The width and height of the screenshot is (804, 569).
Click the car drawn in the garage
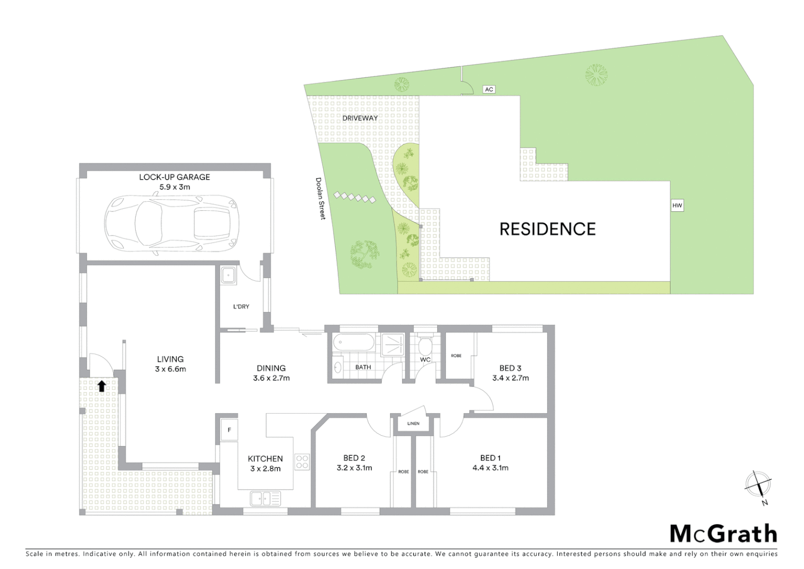point(172,223)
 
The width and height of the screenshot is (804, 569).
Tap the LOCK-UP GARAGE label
point(174,177)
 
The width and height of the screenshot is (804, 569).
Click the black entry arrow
point(102,386)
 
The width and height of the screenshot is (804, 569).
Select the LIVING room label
point(170,359)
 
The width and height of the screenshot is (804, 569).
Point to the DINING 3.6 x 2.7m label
point(271,373)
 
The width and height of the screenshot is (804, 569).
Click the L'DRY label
point(241,307)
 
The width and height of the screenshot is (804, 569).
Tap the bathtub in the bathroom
point(354,343)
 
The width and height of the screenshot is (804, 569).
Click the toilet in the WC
point(425,346)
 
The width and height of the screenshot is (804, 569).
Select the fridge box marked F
point(229,430)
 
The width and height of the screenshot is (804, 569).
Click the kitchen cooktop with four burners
point(302,462)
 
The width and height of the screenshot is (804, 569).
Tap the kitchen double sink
point(265,498)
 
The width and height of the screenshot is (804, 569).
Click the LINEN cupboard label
point(413,424)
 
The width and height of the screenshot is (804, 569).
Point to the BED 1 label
point(490,458)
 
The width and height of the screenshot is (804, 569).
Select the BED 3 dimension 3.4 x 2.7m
point(510,378)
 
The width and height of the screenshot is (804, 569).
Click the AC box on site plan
point(489,90)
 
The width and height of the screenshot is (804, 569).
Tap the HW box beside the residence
point(677,205)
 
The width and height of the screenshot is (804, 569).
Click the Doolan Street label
point(320,198)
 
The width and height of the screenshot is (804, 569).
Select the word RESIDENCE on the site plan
point(547,229)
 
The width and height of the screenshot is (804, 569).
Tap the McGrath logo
point(723,534)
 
